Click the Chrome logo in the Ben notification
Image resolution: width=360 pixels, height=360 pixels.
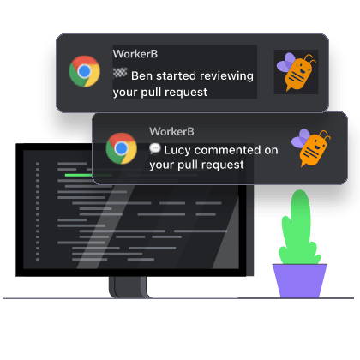[x=85, y=71]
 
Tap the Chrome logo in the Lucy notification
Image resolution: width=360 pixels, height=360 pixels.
[x=122, y=148]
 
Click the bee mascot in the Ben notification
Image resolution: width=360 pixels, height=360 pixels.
[x=297, y=72]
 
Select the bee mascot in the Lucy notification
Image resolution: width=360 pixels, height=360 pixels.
[x=311, y=147]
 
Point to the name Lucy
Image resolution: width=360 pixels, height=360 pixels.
[x=177, y=150]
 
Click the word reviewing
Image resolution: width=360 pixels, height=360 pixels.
[x=226, y=76]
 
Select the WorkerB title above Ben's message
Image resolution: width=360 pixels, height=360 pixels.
[x=135, y=54]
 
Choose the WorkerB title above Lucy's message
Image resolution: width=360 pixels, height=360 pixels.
[x=171, y=131]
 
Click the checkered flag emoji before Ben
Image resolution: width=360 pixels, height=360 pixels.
[x=120, y=73]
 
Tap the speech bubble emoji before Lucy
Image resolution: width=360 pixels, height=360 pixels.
[x=155, y=148]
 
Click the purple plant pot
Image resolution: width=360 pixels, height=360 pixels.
[x=299, y=280]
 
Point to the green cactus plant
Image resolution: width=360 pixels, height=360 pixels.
[x=299, y=229]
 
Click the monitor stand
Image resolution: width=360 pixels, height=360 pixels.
[x=129, y=287]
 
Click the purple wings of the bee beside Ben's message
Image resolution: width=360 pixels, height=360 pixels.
[x=286, y=63]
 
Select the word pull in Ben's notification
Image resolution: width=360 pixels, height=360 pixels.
[x=152, y=93]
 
